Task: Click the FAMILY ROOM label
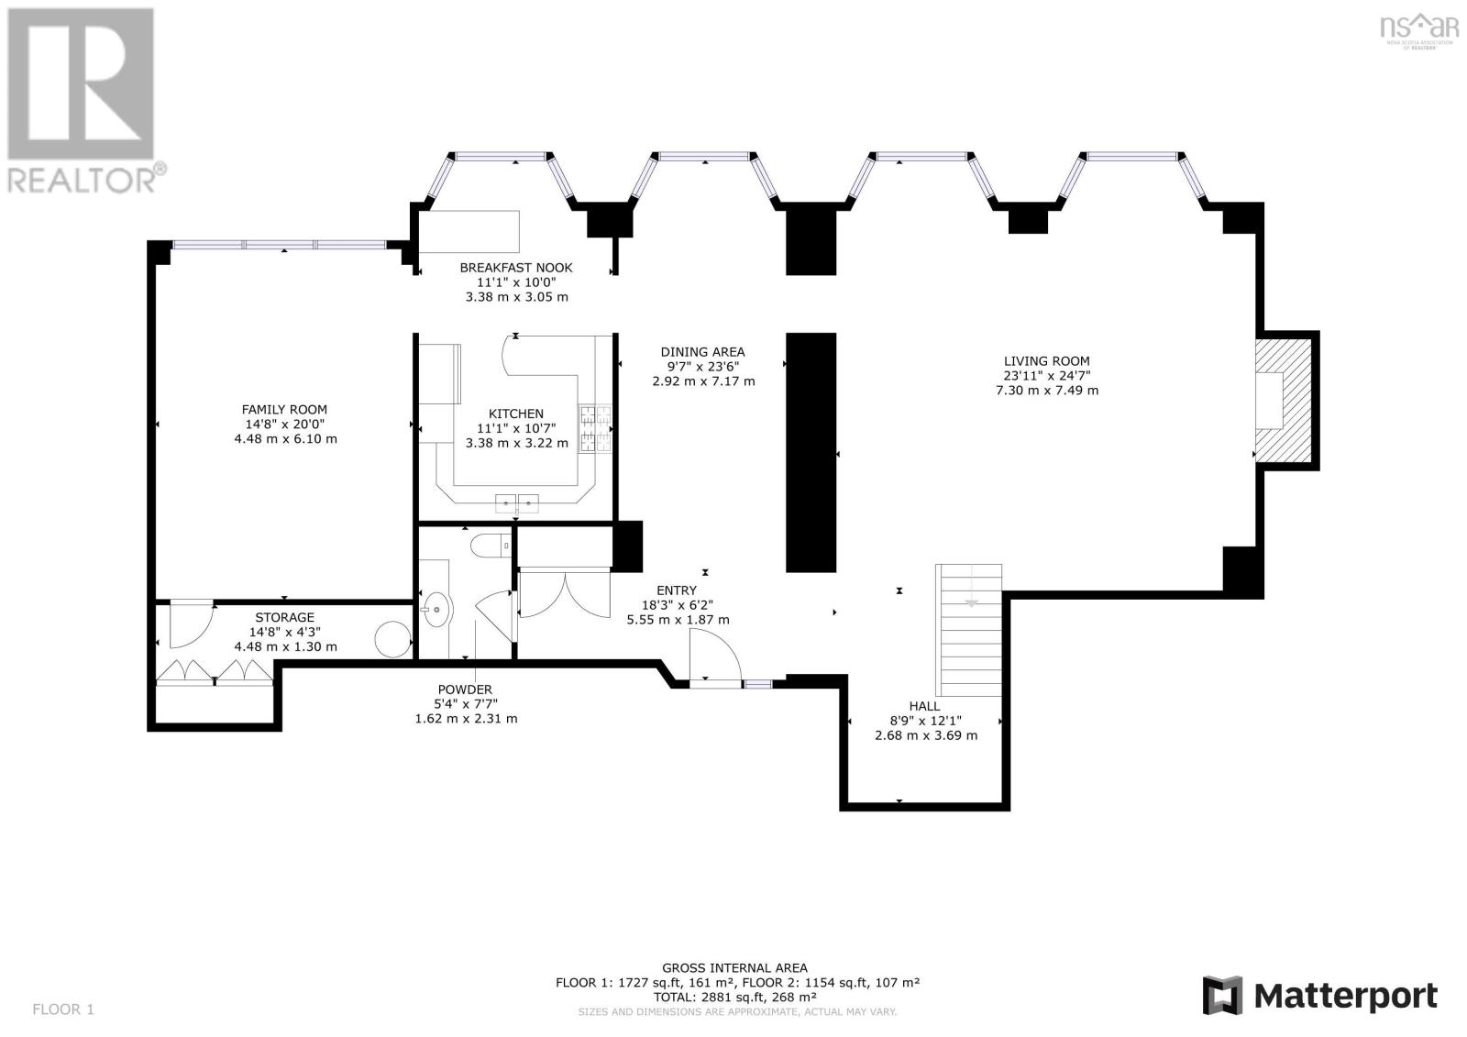[284, 410]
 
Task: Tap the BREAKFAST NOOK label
[516, 268]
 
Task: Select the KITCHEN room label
[516, 414]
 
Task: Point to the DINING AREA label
[702, 352]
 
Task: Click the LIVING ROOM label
[1046, 360]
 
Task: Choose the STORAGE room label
[284, 617]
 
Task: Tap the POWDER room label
[465, 689]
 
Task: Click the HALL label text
[925, 705]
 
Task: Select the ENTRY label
[677, 590]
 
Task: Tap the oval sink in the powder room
[436, 609]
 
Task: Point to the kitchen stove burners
[595, 428]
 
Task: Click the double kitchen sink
[517, 503]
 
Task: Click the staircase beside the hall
[968, 630]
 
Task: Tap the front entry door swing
[714, 655]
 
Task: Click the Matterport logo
[1319, 995]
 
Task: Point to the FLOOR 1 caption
[63, 1009]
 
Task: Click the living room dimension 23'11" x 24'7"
[1046, 375]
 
